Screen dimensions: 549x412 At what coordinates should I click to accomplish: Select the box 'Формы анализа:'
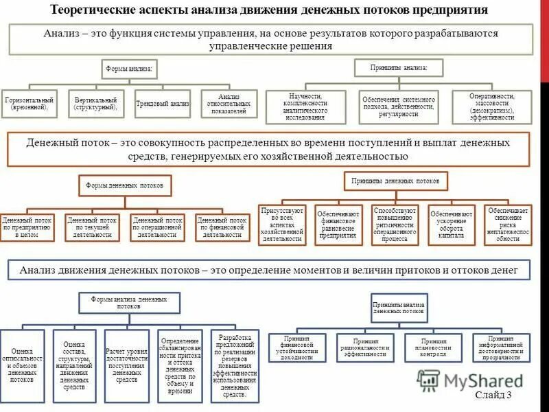pyautogui.click(x=128, y=69)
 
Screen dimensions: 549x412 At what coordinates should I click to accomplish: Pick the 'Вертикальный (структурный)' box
pyautogui.click(x=95, y=104)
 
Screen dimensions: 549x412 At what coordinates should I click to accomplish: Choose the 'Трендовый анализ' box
pyautogui.click(x=162, y=104)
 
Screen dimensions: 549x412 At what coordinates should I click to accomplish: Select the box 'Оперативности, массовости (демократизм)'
pyautogui.click(x=491, y=107)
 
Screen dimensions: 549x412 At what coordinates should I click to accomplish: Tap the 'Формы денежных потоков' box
pyautogui.click(x=124, y=185)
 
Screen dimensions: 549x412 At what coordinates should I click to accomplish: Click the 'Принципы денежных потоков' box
pyautogui.click(x=395, y=181)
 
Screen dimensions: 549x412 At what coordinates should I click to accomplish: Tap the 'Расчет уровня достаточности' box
pyautogui.click(x=127, y=365)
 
